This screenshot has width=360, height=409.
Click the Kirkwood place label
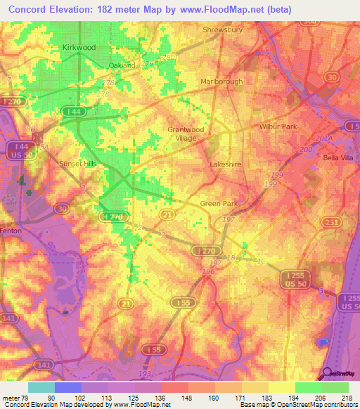tap(79, 47)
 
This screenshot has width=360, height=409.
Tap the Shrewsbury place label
tap(222, 30)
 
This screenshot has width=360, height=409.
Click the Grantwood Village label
tap(186, 134)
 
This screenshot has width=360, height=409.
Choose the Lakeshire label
tap(226, 164)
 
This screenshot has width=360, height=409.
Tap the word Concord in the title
tap(27, 8)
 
